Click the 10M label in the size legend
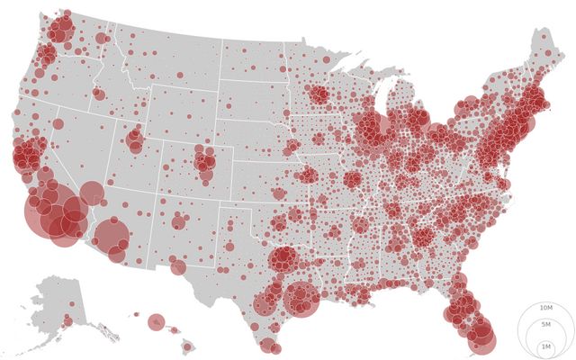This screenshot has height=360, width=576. click(546, 309)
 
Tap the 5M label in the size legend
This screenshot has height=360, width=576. click(546, 324)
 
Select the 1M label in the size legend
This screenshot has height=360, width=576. click(546, 346)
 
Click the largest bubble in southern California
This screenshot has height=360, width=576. click(50, 217)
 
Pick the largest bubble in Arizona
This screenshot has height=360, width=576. click(112, 236)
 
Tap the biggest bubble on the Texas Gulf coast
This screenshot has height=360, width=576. click(301, 300)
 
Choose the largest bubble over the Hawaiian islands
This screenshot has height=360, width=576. click(157, 322)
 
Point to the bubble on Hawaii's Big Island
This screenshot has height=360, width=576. click(187, 346)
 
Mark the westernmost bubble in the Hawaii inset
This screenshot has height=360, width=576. click(136, 314)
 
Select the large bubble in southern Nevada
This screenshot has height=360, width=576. click(91, 193)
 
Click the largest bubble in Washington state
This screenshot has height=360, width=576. click(61, 31)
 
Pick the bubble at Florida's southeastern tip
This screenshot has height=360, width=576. click(482, 340)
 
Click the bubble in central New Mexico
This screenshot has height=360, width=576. click(178, 221)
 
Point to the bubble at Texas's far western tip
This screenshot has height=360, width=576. click(178, 266)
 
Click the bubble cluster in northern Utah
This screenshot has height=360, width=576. click(135, 139)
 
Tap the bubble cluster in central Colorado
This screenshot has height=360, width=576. click(204, 162)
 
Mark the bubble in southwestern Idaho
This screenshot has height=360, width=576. click(98, 93)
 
